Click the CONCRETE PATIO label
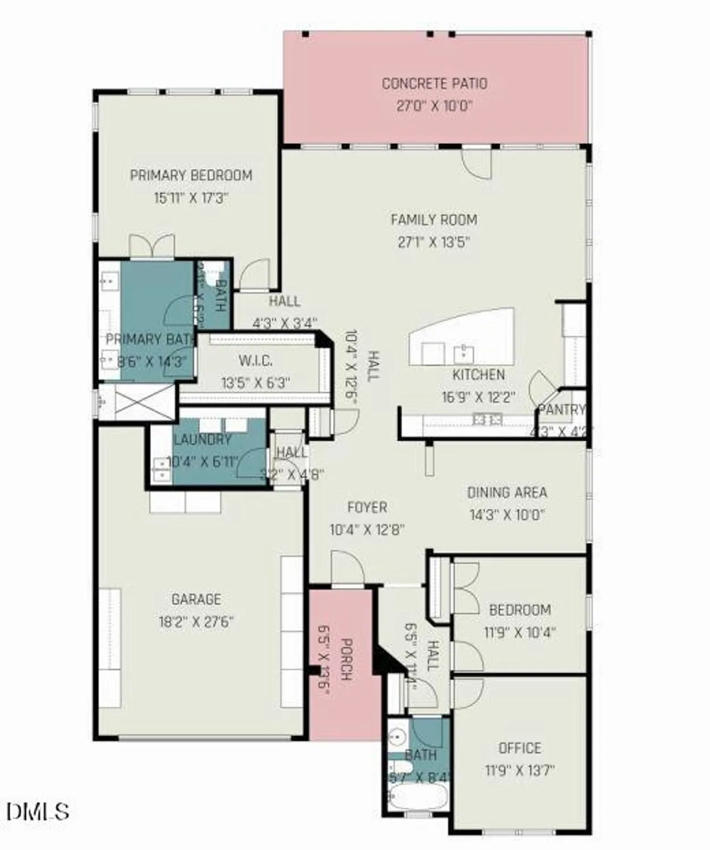[434, 84]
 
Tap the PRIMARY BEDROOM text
[191, 176]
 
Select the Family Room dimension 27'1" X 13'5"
[434, 243]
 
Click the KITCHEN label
[479, 375]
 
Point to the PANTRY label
[561, 410]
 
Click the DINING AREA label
[507, 492]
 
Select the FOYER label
[367, 507]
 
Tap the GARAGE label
[196, 599]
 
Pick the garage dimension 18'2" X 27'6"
[196, 622]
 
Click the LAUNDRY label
[202, 440]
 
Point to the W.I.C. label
[255, 360]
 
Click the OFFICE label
[519, 748]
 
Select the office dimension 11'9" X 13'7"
[519, 771]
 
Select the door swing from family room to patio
[476, 163]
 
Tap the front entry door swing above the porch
[346, 567]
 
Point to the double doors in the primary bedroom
[152, 247]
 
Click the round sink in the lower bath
[398, 736]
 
